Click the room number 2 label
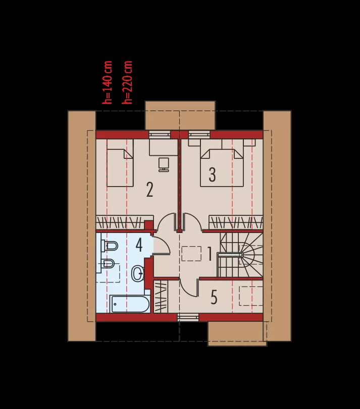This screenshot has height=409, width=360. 149,190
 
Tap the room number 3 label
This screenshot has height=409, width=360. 212,174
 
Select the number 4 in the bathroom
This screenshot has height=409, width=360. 139,245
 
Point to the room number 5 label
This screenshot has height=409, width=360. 214,298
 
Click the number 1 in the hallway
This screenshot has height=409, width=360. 210,254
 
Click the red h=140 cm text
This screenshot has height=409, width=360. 107,82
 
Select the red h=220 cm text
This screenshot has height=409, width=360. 127,82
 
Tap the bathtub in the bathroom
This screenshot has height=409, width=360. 130,304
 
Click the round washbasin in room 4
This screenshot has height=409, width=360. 137,274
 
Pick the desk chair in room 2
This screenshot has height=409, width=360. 164,164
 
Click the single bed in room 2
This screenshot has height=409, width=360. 120,168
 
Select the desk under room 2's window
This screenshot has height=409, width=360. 164,148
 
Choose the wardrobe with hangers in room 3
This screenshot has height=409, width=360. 235,222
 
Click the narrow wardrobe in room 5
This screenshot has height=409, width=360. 161,296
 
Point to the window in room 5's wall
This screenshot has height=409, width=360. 188,317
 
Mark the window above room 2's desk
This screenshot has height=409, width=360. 160,135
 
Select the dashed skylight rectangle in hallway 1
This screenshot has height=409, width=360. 191,254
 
